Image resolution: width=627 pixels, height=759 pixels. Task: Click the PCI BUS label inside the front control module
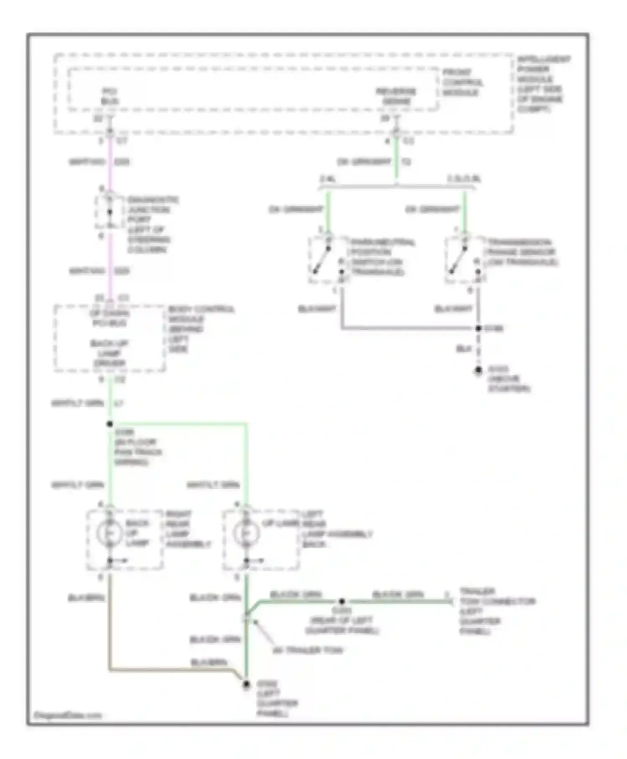[x=110, y=96]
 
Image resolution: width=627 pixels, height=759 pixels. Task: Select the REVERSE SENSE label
[x=396, y=96]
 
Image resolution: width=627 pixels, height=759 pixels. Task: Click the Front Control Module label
[x=463, y=82]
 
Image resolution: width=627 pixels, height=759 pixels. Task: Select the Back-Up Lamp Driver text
[x=109, y=353]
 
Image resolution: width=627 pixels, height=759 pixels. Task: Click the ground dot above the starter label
[x=478, y=371]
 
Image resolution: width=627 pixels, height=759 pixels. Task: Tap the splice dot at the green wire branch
[x=110, y=424]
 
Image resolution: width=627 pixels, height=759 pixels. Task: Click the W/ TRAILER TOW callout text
[x=307, y=651]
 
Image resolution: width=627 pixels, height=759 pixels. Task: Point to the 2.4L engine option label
[x=329, y=179]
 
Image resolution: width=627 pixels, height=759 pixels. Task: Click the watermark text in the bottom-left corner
[x=68, y=715]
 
